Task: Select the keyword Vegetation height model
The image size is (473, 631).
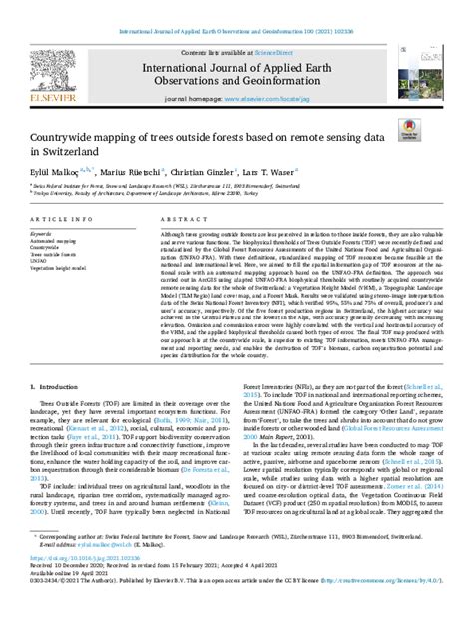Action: coord(58,268)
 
